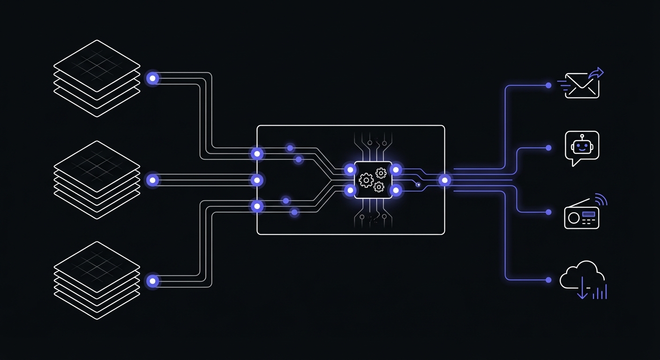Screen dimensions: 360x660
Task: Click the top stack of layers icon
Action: (x=97, y=78)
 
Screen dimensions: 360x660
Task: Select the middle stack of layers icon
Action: (x=97, y=180)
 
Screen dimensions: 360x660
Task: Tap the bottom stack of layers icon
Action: (x=97, y=280)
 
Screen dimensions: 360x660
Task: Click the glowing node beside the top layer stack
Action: (x=152, y=78)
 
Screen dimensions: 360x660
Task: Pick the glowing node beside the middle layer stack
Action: (x=152, y=180)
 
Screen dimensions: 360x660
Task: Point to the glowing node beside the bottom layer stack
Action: (x=152, y=281)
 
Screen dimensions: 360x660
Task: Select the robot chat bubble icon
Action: (x=582, y=148)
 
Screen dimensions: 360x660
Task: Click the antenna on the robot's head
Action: (x=582, y=136)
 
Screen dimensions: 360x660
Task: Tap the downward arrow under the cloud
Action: (x=582, y=289)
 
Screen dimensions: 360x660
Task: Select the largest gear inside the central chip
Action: (x=366, y=180)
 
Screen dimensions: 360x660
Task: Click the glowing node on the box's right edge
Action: (x=444, y=180)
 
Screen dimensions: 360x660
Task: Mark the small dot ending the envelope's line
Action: (x=548, y=85)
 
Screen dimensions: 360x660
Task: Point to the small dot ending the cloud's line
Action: (x=548, y=280)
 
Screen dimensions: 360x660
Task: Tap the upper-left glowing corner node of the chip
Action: (x=350, y=169)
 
